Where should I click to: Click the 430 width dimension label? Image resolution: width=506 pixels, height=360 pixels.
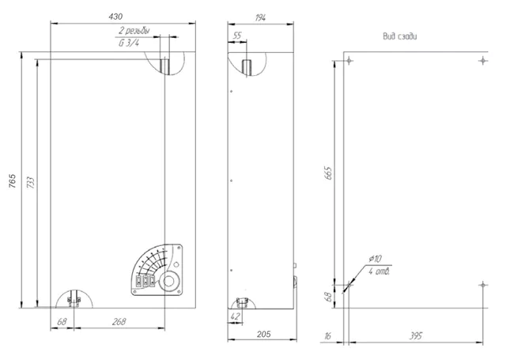tap(115, 17)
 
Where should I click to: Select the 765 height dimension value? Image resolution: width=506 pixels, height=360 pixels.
tap(12, 181)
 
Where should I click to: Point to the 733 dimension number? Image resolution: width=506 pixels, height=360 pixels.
tap(30, 183)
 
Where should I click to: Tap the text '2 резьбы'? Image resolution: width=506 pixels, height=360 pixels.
tap(134, 31)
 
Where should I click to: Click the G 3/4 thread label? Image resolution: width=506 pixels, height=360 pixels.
tap(129, 43)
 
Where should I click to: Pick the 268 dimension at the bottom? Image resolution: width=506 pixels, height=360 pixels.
tap(119, 321)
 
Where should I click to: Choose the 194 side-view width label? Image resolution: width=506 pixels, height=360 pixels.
tap(260, 17)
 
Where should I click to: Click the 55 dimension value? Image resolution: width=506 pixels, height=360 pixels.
tap(237, 35)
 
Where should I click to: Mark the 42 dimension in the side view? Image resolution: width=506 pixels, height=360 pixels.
tap(236, 316)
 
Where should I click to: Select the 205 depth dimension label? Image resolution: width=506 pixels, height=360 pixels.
tap(263, 334)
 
